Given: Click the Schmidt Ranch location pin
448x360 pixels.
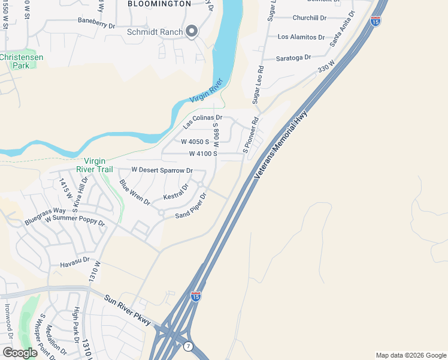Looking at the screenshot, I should point(192,31).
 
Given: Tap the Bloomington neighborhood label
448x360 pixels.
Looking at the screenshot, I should point(159,4).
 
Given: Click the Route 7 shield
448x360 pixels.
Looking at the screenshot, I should point(188,347).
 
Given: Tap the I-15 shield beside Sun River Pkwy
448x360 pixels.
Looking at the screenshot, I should point(196,296).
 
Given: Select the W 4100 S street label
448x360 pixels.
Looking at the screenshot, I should point(203,154).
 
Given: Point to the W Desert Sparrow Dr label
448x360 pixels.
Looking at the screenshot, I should point(162,170).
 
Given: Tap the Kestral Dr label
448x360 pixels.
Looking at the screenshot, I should point(176,193).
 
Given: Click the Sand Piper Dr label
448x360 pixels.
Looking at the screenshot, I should point(191,206).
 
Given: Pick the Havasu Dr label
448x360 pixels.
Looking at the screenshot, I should point(74,261).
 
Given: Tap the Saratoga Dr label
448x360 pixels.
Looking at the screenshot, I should point(293,58).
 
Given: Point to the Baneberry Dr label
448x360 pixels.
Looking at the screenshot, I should point(96,25).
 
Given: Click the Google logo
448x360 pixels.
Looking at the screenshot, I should point(20,353).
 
